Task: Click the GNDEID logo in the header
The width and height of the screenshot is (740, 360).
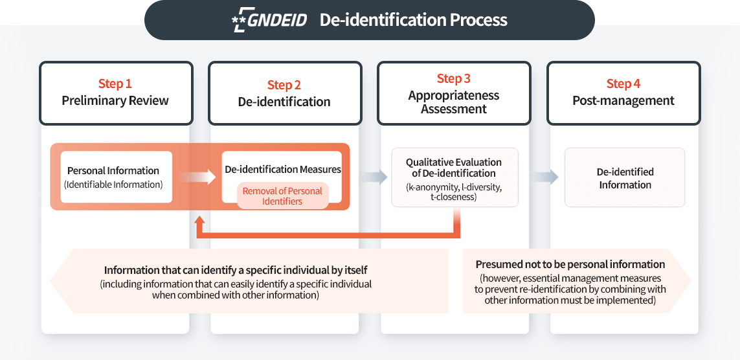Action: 269,19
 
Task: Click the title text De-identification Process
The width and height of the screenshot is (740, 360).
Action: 413,19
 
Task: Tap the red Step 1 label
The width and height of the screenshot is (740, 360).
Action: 115,84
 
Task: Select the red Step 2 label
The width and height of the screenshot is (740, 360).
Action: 284,85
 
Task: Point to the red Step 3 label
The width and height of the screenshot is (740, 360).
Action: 454,78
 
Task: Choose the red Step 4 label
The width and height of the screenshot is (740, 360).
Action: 623,84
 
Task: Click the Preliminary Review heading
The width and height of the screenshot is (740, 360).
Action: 115,100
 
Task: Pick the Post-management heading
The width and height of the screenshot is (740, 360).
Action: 623,100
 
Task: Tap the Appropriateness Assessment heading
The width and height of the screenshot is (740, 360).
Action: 454,102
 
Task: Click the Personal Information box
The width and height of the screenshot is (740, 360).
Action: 116,177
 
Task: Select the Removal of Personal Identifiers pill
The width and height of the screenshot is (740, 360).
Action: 282,196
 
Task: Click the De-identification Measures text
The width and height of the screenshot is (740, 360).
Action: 283,170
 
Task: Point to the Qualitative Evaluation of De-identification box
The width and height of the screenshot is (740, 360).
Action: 454,177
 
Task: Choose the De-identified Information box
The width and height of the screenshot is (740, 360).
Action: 625,177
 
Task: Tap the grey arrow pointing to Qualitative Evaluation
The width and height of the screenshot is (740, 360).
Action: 375,177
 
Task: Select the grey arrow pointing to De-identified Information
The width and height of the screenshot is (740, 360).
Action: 546,177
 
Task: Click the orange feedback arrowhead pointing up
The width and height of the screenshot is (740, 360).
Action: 200,222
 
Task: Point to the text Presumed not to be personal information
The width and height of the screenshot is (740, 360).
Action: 570,264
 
